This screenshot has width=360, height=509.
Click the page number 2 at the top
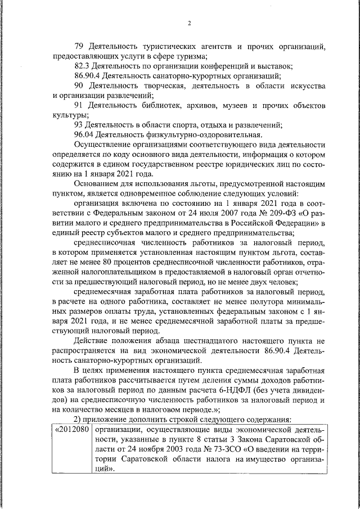click(x=190, y=23)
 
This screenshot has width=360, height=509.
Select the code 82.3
click(x=83, y=65)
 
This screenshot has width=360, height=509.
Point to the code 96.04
click(x=84, y=134)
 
